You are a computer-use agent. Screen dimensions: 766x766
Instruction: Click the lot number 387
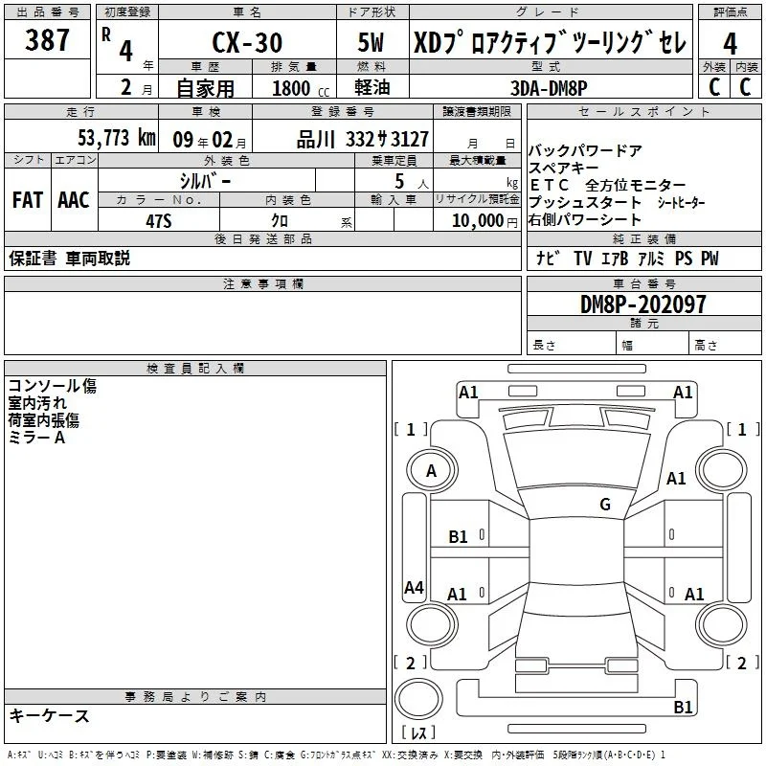[x=47, y=39]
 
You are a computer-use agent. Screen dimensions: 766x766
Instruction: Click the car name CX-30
[x=247, y=42]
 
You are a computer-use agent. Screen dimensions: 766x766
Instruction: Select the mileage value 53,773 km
[x=117, y=138]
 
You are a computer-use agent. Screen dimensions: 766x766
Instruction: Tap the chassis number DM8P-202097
[x=642, y=304]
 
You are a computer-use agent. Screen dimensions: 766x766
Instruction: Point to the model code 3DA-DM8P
[x=549, y=88]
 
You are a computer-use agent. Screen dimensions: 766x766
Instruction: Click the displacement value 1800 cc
[x=301, y=88]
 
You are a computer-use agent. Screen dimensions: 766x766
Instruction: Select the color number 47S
[x=159, y=221]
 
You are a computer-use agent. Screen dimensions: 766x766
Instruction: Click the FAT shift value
[x=28, y=200]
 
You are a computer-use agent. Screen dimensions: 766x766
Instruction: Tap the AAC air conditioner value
[x=74, y=200]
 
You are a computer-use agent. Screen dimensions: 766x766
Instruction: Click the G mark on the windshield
[x=605, y=504]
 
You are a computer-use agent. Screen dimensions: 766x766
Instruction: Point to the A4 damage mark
[x=414, y=587]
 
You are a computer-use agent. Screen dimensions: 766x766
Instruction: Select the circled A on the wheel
[x=432, y=470]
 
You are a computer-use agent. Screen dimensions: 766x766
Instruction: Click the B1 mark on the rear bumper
[x=683, y=707]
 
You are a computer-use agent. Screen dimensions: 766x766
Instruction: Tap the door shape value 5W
[x=371, y=42]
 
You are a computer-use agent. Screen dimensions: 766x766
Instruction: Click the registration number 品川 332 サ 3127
[x=363, y=140]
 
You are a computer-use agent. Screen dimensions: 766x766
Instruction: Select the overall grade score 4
[x=730, y=44]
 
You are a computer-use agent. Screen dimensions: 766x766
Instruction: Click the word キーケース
[x=50, y=715]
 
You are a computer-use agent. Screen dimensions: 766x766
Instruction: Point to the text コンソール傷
[x=53, y=386]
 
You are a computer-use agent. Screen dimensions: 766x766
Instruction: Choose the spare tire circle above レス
[x=418, y=699]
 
